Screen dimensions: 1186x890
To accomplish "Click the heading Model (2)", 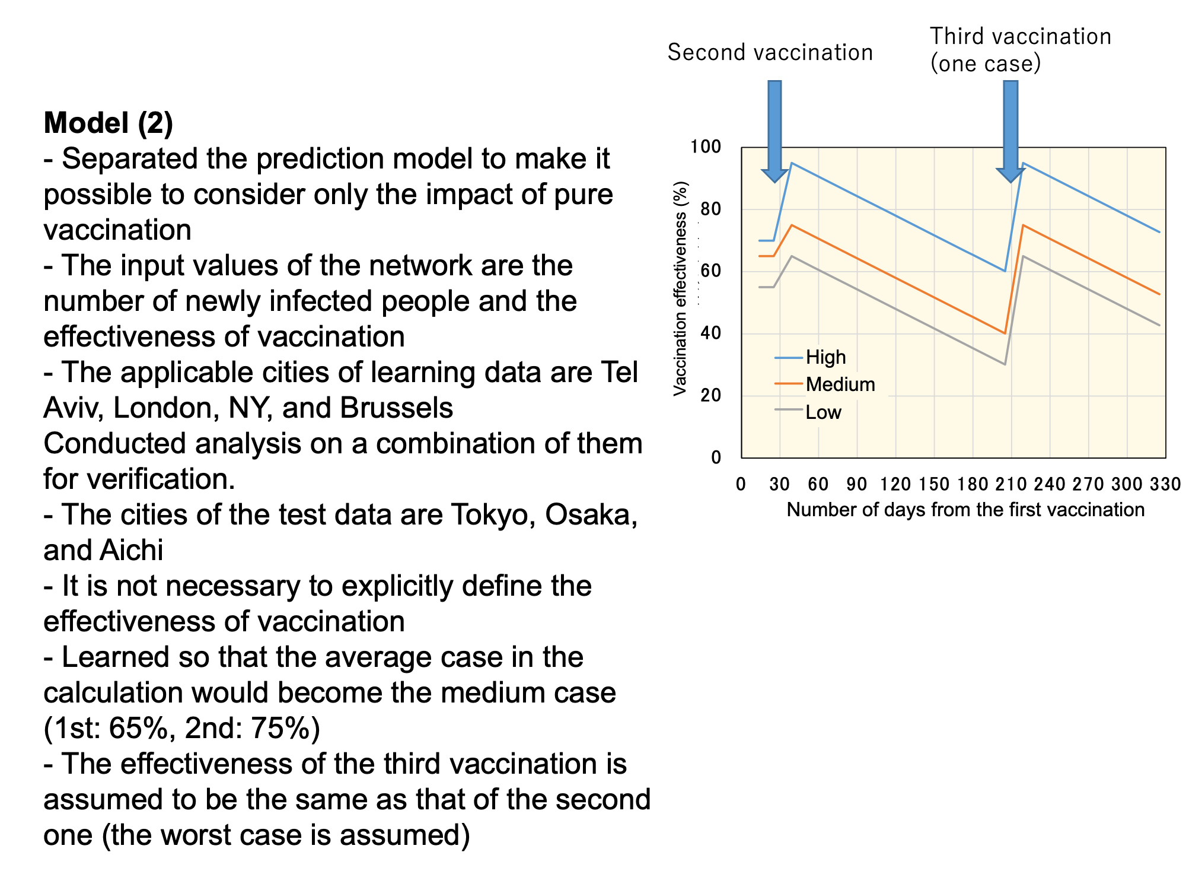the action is tap(109, 123).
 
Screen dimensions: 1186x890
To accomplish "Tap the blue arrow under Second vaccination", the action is tap(774, 131).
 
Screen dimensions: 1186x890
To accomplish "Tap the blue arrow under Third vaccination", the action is tap(1010, 131).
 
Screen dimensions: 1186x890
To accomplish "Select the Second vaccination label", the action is tap(770, 52).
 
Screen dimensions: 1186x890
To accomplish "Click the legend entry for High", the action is tap(811, 357).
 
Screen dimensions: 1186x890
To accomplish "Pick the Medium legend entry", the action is tap(825, 384).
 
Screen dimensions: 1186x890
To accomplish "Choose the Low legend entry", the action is tap(808, 412).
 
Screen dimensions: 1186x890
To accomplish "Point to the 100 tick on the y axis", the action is tap(706, 147).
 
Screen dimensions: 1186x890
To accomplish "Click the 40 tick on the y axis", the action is tap(710, 333).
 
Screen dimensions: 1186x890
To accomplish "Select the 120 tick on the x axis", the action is tap(895, 484).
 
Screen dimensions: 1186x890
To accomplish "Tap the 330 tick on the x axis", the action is tap(1165, 484).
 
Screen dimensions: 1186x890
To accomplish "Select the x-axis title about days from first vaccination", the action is tap(965, 510).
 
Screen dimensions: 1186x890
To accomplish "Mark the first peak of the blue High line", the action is tap(792, 163).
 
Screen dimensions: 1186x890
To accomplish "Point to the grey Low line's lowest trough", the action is tap(1005, 364).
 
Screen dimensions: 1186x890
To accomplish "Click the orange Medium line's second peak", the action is tap(1023, 225).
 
